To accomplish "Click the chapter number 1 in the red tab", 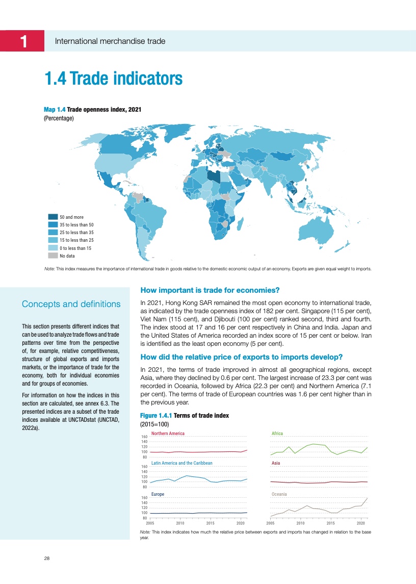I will [x=23, y=41].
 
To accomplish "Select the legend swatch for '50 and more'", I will [x=53, y=217].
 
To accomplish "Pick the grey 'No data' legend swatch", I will [x=53, y=256].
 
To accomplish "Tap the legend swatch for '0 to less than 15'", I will [x=53, y=248].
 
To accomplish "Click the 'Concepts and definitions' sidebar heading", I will [x=71, y=304].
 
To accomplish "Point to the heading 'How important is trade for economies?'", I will [x=210, y=291].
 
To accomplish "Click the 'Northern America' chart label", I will [x=168, y=434].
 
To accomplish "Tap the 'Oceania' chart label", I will [x=279, y=494].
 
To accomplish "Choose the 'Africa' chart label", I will [x=277, y=434].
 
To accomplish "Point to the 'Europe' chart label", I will [x=159, y=494].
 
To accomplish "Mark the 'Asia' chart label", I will [x=276, y=463].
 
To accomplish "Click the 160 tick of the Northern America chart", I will [x=144, y=437].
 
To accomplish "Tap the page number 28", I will [x=46, y=558].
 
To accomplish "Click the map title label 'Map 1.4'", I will [x=55, y=110].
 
